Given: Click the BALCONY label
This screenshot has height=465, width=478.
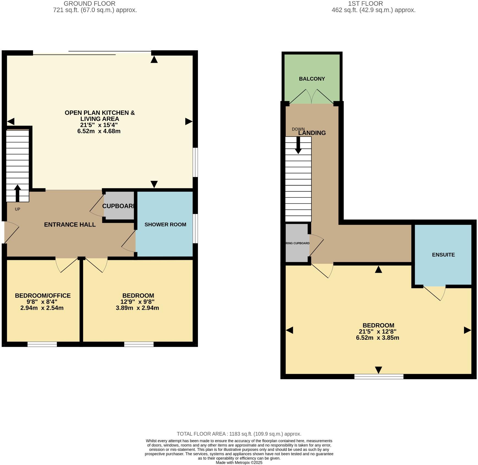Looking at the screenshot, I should [x=312, y=79].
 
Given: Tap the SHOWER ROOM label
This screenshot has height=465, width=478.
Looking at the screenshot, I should [x=165, y=224].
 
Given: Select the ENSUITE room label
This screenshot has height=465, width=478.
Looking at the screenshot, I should [x=443, y=255].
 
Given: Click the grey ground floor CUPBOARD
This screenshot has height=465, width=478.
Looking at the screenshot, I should [x=119, y=206].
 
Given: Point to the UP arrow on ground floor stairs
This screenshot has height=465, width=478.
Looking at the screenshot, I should [x=17, y=193].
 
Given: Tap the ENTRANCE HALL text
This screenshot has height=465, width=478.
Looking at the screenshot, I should [x=70, y=224].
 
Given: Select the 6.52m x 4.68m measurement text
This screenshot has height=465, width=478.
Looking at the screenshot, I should [x=99, y=131].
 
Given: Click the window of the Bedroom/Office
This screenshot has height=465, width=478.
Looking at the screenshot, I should [x=42, y=344].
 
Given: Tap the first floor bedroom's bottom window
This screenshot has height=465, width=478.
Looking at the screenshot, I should [x=379, y=376].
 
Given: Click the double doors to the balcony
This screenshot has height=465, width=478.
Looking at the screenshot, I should [x=312, y=97].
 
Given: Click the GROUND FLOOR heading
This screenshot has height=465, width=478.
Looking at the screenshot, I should [x=89, y=4].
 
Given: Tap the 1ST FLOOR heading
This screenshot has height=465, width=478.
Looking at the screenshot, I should [x=365, y=4].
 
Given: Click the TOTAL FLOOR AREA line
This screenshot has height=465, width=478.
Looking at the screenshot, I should [x=239, y=434].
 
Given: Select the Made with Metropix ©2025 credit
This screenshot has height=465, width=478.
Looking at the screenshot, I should [x=239, y=463].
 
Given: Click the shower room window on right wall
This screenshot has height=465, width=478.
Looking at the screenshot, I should [x=195, y=229].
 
